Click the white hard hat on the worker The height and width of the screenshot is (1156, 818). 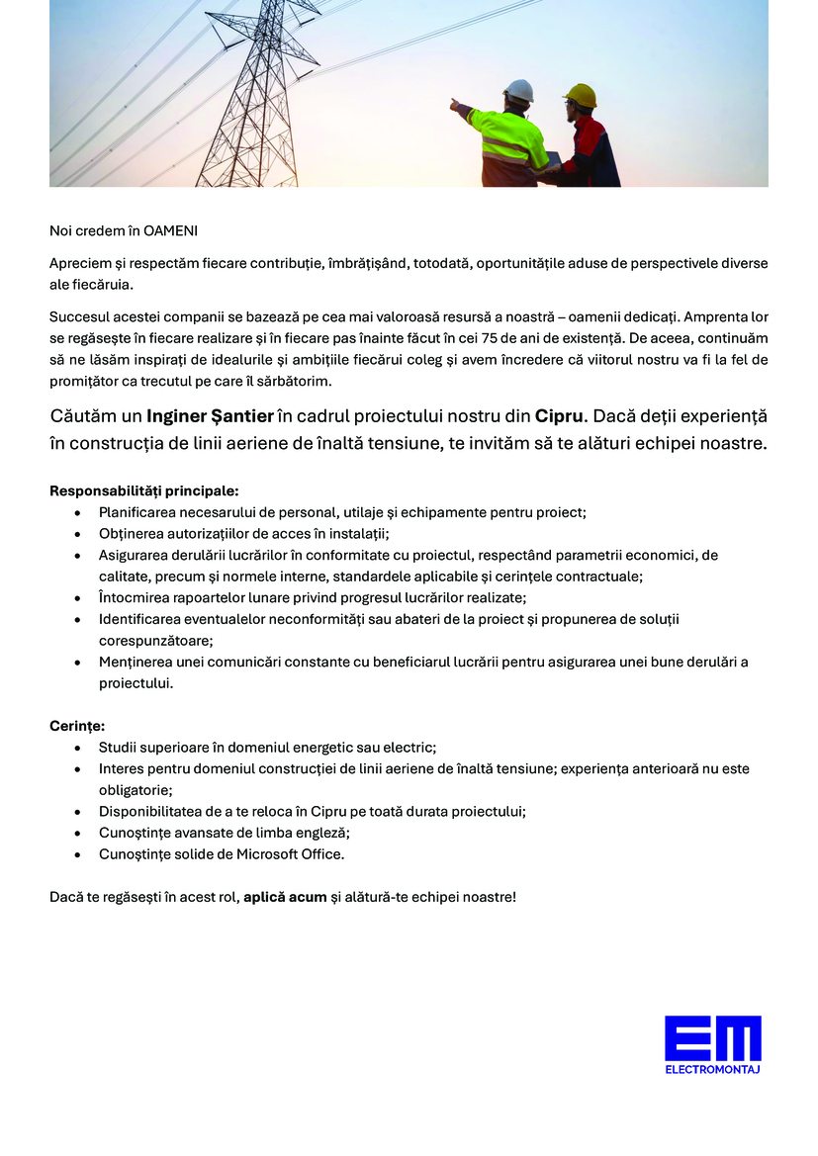pos(518,91)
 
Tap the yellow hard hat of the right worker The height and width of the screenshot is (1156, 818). pos(581,95)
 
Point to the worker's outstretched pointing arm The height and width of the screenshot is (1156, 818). pos(473,112)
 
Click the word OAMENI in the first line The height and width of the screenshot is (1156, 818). pos(170,230)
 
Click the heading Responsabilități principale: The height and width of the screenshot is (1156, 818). pos(144,490)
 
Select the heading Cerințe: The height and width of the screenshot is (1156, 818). pos(77,726)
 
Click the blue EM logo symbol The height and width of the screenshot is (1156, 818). pos(712,1038)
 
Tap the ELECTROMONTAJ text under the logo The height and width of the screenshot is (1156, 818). pos(712,1069)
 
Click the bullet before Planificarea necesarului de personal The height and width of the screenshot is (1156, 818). pos(78,512)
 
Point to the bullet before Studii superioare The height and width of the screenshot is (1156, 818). pos(78,748)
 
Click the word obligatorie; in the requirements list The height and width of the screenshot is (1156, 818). pos(136,790)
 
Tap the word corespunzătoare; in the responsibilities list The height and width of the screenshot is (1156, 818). pos(156,640)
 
